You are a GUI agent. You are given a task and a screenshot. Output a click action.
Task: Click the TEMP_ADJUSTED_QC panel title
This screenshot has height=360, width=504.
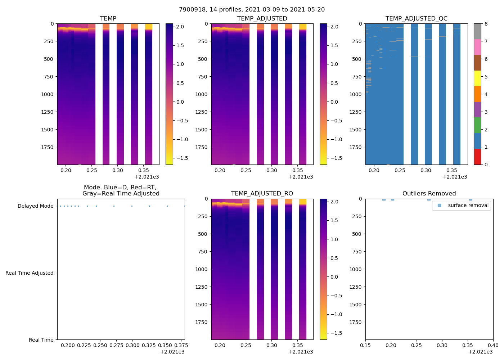point(416,18)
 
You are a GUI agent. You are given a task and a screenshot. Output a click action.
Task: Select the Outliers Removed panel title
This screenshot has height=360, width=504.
point(429,193)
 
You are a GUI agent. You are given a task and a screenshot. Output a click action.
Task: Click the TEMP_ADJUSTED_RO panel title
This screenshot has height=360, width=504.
point(262,193)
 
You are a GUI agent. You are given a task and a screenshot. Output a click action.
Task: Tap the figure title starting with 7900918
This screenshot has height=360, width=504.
point(252,9)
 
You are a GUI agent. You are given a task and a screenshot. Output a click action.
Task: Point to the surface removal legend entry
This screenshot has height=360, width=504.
point(468,205)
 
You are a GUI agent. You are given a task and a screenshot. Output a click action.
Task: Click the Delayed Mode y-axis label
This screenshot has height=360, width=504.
point(35,206)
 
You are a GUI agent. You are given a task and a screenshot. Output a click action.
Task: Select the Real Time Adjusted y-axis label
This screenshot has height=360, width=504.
point(29,273)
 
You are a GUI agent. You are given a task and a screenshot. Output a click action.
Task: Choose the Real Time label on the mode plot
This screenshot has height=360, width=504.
point(41,340)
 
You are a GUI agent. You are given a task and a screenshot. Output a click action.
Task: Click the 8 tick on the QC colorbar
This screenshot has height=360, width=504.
point(486,24)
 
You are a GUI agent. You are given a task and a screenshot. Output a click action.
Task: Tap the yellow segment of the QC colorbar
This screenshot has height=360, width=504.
point(477,78)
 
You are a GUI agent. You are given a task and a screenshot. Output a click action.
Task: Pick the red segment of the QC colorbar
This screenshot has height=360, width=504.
point(477,157)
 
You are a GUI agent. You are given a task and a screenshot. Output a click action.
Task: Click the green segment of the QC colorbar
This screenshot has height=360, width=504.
point(477,125)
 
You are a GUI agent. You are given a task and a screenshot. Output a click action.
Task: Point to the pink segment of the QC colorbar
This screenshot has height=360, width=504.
point(477,47)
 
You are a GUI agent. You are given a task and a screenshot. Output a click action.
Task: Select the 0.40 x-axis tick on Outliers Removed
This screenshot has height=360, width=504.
point(493,345)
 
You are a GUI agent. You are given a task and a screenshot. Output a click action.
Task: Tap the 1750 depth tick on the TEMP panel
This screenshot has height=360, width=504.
point(47,147)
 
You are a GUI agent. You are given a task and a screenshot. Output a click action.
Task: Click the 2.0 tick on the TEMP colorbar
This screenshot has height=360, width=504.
point(180,27)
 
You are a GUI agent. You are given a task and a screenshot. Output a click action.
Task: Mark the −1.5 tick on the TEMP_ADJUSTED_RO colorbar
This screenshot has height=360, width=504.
point(336,333)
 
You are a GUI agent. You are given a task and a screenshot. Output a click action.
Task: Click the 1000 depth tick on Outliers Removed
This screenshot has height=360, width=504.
point(356,269)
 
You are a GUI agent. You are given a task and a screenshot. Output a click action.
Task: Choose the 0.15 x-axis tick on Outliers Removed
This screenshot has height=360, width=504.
point(365,345)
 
